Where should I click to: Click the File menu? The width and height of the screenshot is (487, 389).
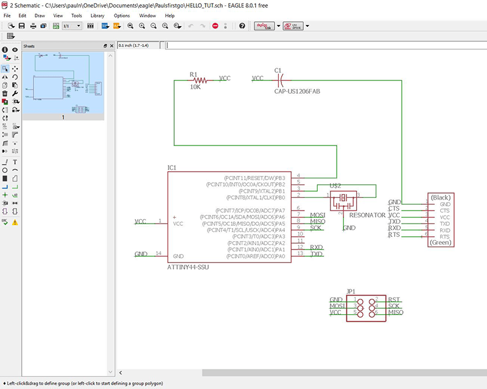pyautogui.click(x=6, y=15)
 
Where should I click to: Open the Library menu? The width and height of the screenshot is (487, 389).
pyautogui.click(x=97, y=15)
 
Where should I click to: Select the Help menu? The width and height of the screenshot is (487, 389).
pyautogui.click(x=170, y=15)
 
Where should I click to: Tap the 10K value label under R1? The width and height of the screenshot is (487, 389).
pyautogui.click(x=195, y=87)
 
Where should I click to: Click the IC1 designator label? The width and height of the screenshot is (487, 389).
pyautogui.click(x=172, y=167)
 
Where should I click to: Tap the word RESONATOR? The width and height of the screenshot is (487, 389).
pyautogui.click(x=367, y=216)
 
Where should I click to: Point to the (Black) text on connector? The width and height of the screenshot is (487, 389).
pyautogui.click(x=440, y=198)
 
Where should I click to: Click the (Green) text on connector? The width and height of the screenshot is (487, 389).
pyautogui.click(x=440, y=242)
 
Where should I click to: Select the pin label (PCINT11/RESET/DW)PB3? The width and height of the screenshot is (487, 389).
pyautogui.click(x=254, y=177)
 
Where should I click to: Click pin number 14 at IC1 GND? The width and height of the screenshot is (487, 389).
pyautogui.click(x=159, y=253)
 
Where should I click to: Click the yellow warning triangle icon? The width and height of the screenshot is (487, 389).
pyautogui.click(x=15, y=223)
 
